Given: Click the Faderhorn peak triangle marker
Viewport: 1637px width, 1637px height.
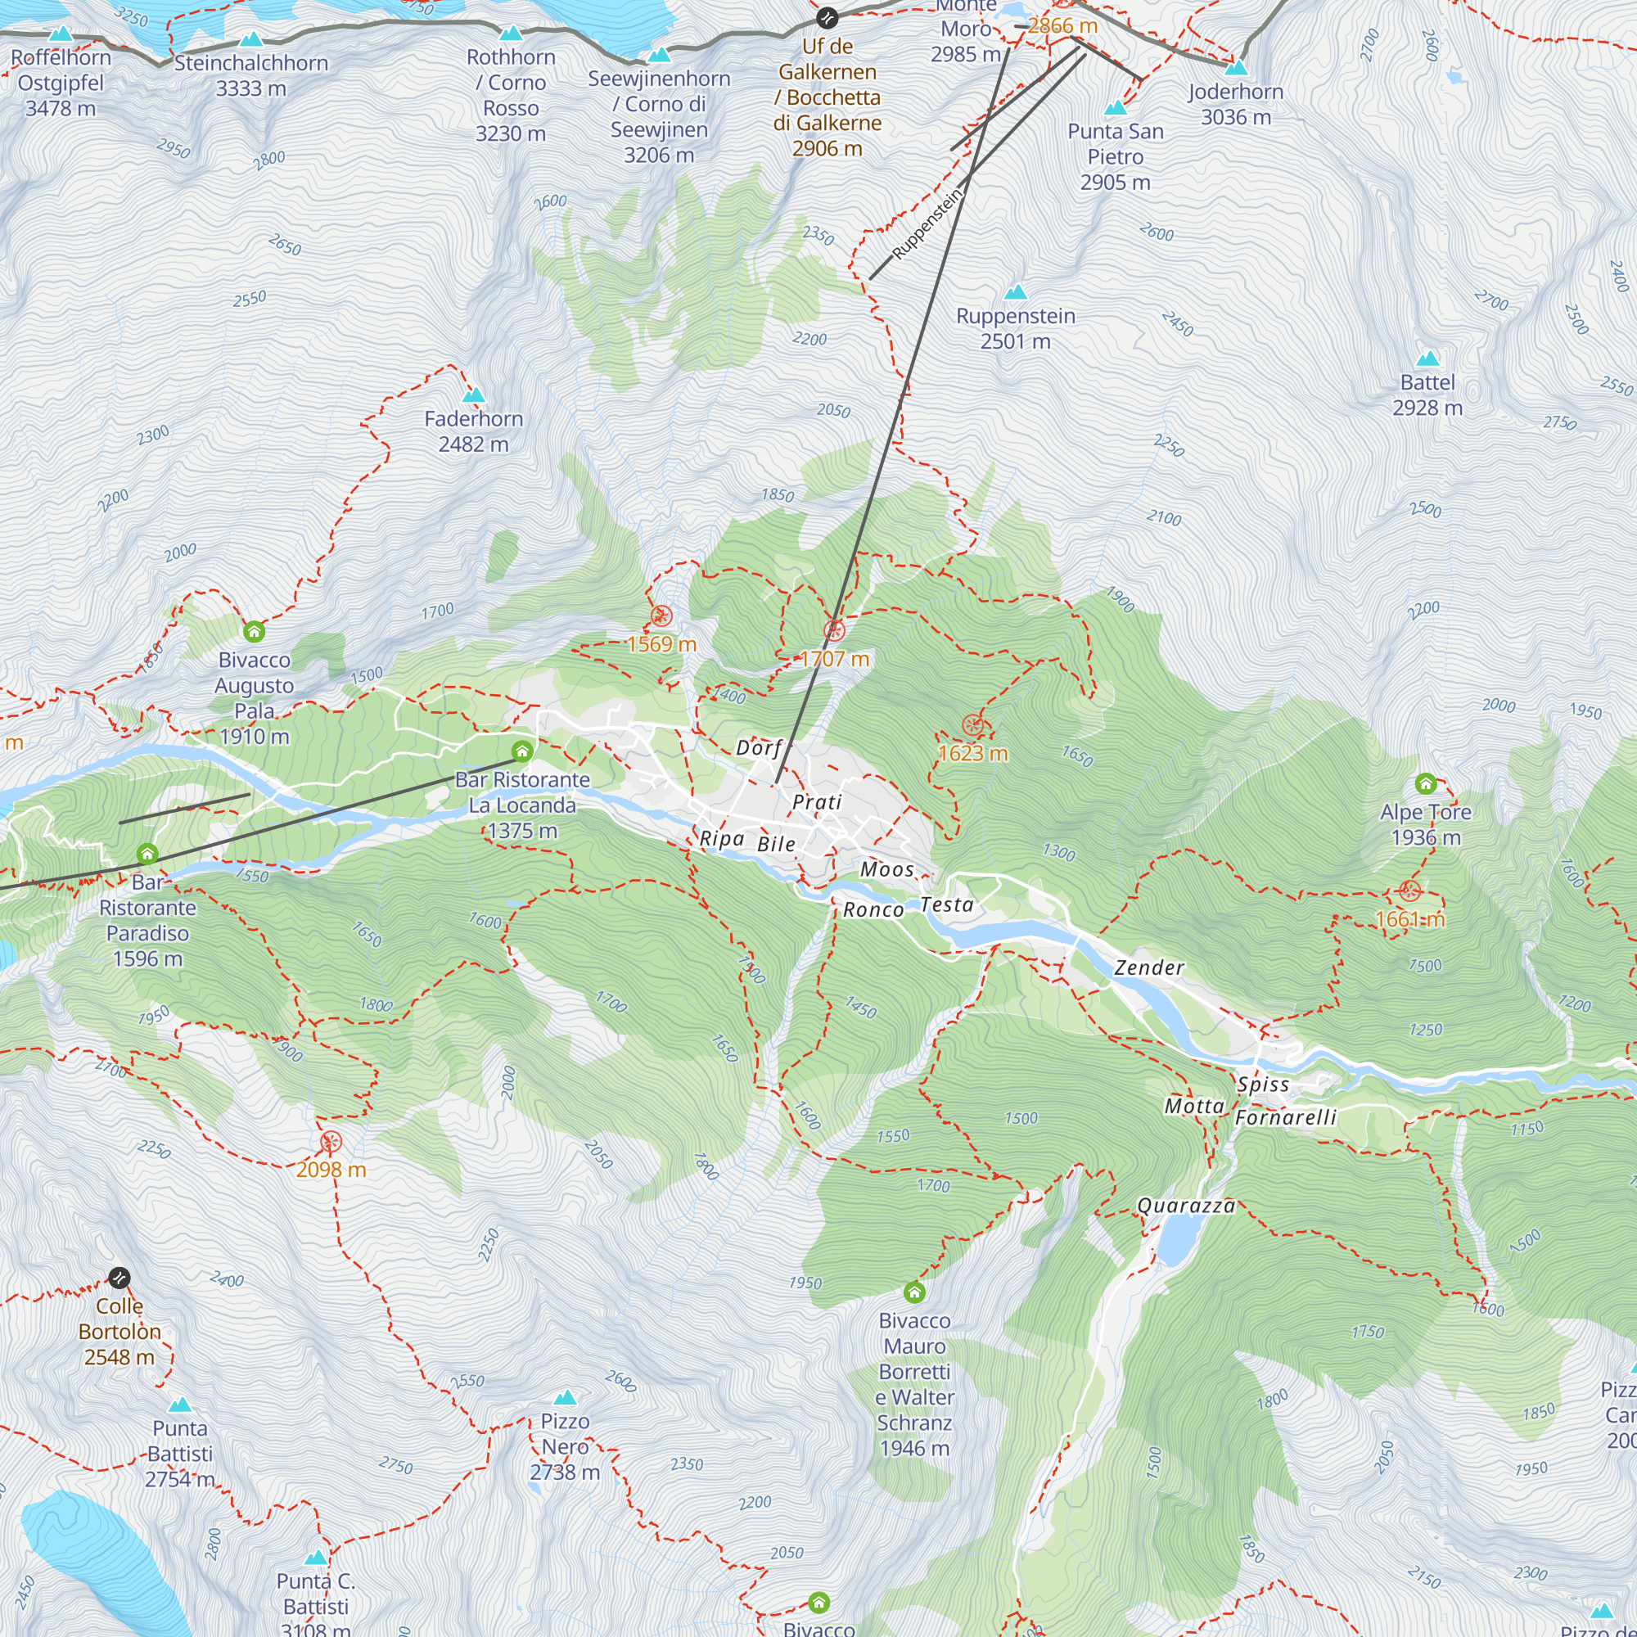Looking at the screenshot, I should coord(474,395).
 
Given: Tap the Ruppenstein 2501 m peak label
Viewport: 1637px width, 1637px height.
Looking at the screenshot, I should coord(1015,329).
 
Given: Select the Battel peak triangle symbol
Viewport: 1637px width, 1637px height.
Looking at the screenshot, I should coord(1427,359).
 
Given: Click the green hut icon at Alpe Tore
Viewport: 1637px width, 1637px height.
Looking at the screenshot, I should coord(1425,783).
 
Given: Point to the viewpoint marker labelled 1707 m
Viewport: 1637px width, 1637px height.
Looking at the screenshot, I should coord(834,630).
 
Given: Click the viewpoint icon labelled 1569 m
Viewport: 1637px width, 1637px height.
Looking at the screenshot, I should coord(661,616).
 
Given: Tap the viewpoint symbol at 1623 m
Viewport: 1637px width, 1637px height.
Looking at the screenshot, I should coord(972,725).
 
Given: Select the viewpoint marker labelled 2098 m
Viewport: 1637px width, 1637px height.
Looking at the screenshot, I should coord(331,1142).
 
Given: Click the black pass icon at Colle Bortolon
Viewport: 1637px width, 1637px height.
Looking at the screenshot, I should coord(120,1277).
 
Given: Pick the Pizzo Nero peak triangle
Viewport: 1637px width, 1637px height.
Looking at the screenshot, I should coord(565,1397).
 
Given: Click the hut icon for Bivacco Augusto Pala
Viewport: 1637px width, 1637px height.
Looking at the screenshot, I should coord(255,631).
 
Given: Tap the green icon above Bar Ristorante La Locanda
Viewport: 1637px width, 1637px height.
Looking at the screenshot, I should coord(522,751).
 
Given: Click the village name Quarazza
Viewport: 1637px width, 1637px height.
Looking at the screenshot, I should coord(1185,1206).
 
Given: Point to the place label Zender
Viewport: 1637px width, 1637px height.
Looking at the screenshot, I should coord(1148,967).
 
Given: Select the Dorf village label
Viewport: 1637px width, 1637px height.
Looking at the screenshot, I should coord(757,747).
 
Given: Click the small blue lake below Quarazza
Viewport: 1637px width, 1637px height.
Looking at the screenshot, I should coord(1176,1242).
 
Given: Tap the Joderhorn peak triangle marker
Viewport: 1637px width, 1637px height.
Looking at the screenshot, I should coord(1236,67).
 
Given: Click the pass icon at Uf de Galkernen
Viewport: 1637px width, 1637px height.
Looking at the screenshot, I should coord(827,18).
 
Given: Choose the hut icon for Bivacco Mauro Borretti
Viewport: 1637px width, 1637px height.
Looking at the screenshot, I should coord(914,1292).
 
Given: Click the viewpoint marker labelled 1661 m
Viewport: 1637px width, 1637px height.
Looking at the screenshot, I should coord(1410,891).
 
